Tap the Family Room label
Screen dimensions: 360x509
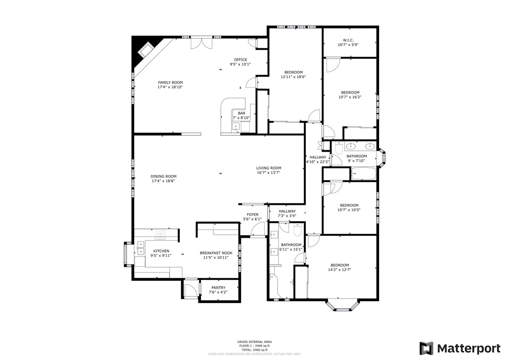tap(170, 83)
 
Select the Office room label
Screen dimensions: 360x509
tap(240, 60)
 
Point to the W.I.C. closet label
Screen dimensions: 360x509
tap(348, 40)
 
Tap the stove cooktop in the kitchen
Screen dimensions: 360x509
tap(160, 234)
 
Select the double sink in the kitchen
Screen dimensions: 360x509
tap(141, 248)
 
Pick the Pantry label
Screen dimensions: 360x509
tap(218, 288)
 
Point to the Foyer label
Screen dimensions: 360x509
tap(253, 215)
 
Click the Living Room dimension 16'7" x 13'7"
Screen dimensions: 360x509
tap(268, 173)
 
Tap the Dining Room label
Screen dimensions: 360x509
tap(164, 176)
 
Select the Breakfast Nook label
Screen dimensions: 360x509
tap(216, 253)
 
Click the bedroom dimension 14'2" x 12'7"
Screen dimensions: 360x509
tap(340, 270)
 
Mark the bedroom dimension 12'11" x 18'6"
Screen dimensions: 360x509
tap(293, 77)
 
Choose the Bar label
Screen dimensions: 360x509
tap(241, 113)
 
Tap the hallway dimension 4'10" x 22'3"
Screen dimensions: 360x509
tap(318, 162)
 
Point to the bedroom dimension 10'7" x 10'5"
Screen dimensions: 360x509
tap(349, 210)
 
